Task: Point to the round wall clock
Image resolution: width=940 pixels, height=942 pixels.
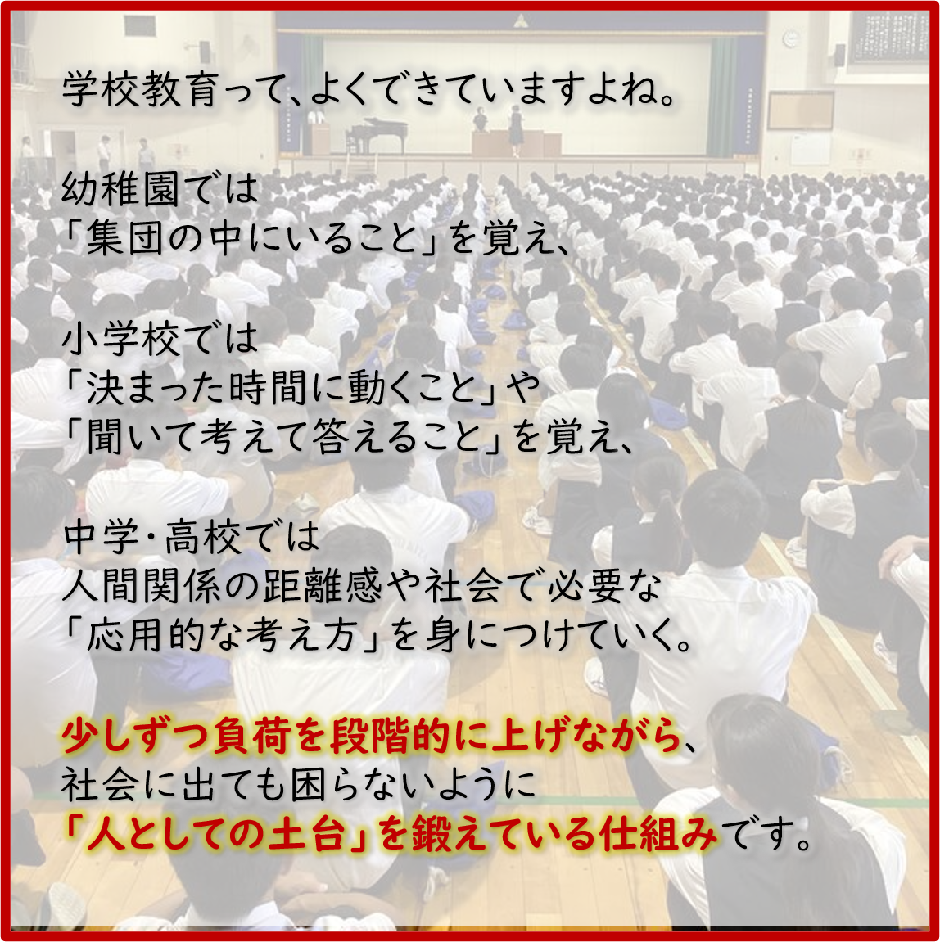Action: point(791,39)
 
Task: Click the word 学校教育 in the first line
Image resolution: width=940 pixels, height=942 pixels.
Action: point(139,89)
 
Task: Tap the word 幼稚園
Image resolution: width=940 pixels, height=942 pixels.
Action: point(120,188)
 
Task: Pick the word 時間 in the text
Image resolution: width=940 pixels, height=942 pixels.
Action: point(269,387)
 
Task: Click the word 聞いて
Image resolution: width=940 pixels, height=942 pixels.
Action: point(143,437)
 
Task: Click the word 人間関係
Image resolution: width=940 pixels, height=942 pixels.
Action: point(140,586)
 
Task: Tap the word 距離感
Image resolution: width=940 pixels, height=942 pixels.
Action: point(322,586)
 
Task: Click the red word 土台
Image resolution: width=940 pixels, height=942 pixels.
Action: point(307,835)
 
